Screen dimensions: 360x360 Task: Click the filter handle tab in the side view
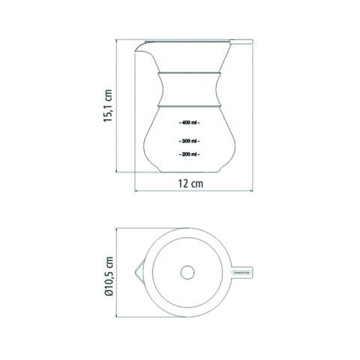[x=241, y=41]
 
